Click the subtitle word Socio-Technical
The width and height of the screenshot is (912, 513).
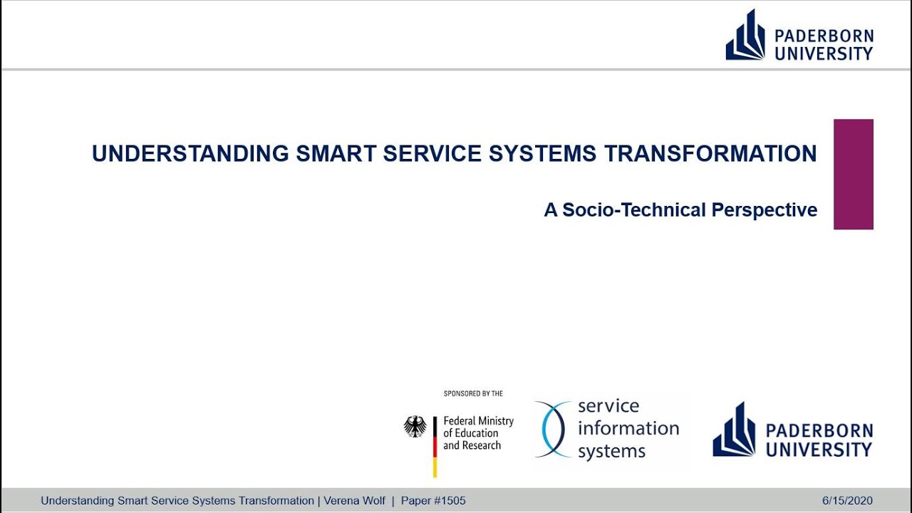tap(624, 210)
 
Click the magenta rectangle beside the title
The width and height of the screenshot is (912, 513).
tap(853, 174)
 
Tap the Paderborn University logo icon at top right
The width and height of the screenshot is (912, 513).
tap(745, 36)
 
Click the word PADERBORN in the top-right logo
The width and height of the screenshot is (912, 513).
tap(824, 36)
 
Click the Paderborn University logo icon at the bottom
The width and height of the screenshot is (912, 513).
tap(734, 430)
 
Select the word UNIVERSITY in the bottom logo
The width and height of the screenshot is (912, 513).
tap(818, 450)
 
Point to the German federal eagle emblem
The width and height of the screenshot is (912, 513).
tap(415, 427)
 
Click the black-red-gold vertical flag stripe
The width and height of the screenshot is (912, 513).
tap(435, 446)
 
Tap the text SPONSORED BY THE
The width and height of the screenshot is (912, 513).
tap(473, 393)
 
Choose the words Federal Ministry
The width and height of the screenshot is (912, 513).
tap(478, 421)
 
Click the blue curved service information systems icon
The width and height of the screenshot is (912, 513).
tap(553, 429)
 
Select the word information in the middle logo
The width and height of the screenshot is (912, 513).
tap(628, 428)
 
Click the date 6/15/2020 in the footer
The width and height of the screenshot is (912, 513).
tap(846, 501)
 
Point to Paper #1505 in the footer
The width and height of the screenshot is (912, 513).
tap(433, 501)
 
